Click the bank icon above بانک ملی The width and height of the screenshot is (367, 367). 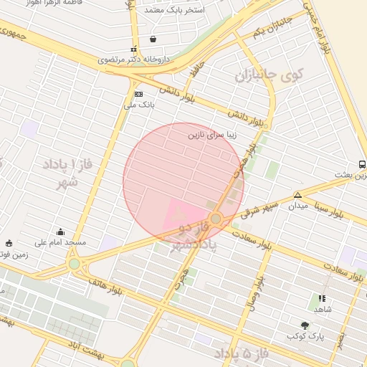[138, 94]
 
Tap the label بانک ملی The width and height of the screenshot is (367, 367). [139, 105]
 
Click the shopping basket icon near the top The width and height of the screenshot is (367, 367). [153, 39]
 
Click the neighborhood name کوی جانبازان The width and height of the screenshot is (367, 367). [270, 74]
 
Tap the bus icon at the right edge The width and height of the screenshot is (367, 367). [362, 164]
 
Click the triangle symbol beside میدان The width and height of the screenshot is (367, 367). [297, 194]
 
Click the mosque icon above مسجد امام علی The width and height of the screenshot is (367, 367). [60, 232]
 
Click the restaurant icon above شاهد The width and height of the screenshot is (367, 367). [322, 298]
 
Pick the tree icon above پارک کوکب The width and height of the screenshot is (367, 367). [305, 325]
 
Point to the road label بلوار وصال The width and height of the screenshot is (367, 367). [255, 290]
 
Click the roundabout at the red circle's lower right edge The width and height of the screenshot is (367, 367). [216, 218]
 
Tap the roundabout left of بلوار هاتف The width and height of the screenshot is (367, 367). [75, 264]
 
